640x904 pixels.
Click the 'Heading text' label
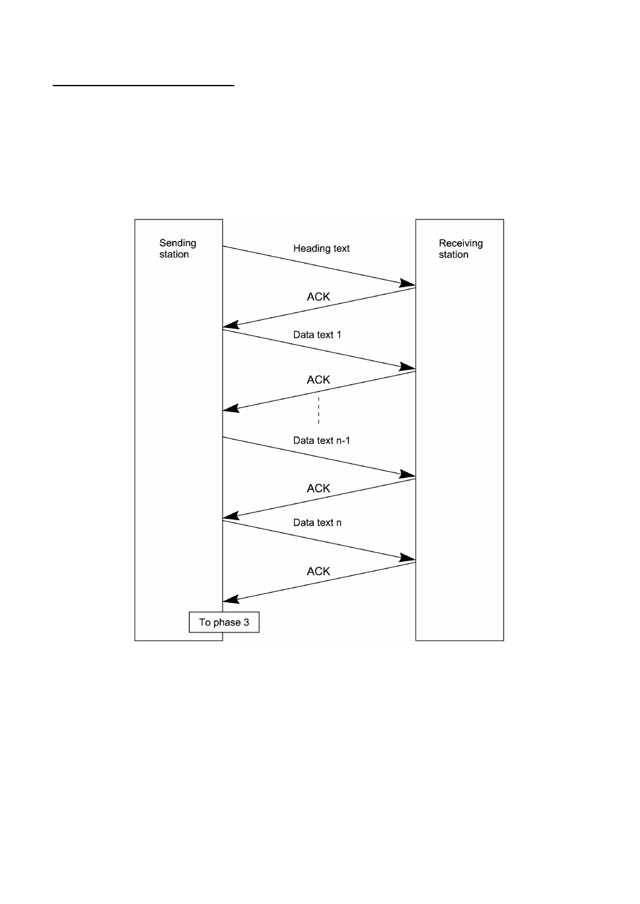pyautogui.click(x=321, y=249)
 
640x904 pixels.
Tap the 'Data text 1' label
pyautogui.click(x=317, y=335)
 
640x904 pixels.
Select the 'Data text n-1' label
pyautogui.click(x=321, y=441)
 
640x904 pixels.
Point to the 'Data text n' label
pyautogui.click(x=317, y=523)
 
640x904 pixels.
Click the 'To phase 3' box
pyautogui.click(x=224, y=622)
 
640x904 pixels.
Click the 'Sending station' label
pyautogui.click(x=177, y=249)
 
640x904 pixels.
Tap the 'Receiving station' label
pyautogui.click(x=460, y=249)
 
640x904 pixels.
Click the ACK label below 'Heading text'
pyautogui.click(x=318, y=297)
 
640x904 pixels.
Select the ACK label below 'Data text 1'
pyautogui.click(x=318, y=380)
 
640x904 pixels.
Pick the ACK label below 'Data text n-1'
pyautogui.click(x=318, y=489)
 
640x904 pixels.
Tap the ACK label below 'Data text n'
pyautogui.click(x=318, y=572)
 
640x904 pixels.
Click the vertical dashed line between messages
pyautogui.click(x=319, y=410)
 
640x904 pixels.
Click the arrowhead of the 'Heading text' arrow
pyautogui.click(x=409, y=285)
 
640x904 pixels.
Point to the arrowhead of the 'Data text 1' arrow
pyautogui.click(x=409, y=368)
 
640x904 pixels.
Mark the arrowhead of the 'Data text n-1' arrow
pyautogui.click(x=409, y=476)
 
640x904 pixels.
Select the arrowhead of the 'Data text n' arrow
pyautogui.click(x=409, y=559)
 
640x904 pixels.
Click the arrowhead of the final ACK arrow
pyautogui.click(x=230, y=600)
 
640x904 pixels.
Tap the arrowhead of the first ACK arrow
pyautogui.click(x=230, y=325)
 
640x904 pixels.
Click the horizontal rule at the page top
pyautogui.click(x=143, y=86)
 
